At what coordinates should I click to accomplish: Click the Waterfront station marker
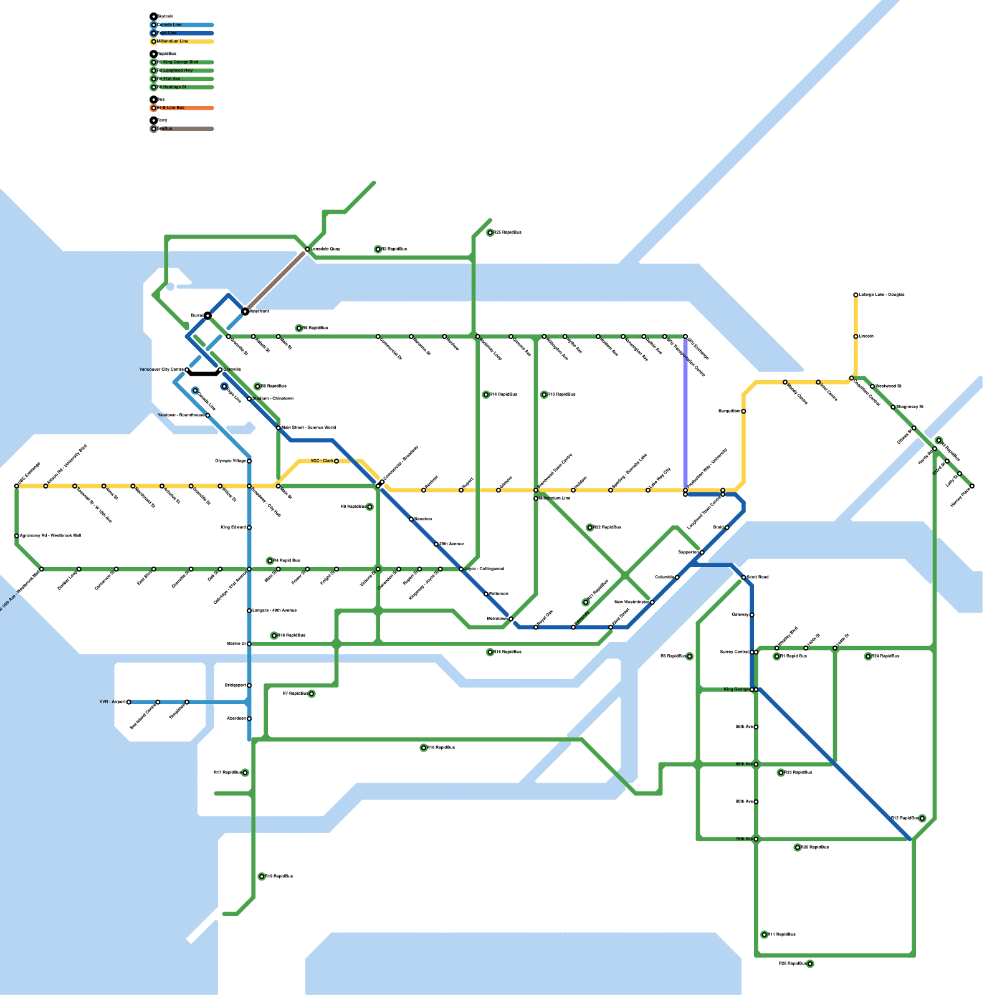tap(245, 312)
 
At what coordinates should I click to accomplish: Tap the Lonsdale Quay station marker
tap(307, 249)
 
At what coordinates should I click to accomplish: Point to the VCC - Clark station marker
tap(336, 461)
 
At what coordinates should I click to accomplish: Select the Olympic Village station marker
tap(249, 461)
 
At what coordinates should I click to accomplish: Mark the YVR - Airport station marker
tap(128, 702)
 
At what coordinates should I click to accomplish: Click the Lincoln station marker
tap(856, 336)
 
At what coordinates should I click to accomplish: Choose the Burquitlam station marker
tap(743, 411)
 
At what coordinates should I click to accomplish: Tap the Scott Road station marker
tap(743, 578)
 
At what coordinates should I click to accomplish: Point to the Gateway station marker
tap(752, 615)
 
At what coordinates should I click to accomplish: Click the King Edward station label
tap(233, 528)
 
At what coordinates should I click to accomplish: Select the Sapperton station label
tap(688, 553)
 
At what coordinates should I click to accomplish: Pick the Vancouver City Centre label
tap(161, 370)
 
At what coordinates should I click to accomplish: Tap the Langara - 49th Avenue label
tap(274, 611)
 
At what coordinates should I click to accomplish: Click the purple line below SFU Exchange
tap(685, 411)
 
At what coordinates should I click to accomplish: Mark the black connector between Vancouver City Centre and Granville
tap(203, 374)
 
